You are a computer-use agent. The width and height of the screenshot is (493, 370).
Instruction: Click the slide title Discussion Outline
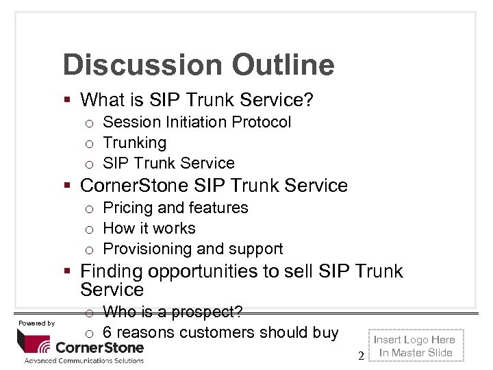click(x=198, y=65)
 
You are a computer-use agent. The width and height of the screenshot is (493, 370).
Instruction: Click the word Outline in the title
click(x=283, y=65)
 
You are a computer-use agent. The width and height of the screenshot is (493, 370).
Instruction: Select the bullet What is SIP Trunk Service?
click(x=197, y=100)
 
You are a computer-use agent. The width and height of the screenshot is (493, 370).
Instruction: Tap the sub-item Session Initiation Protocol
click(x=197, y=122)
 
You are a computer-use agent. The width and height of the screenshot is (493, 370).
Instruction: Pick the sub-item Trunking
click(x=134, y=143)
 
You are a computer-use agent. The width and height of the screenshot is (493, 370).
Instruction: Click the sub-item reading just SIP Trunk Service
click(x=168, y=163)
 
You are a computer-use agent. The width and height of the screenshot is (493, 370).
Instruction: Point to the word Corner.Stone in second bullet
click(x=135, y=186)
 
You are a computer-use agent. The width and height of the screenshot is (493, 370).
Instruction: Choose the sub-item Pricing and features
click(x=175, y=208)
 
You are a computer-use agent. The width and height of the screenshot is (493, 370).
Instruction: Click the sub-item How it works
click(x=149, y=228)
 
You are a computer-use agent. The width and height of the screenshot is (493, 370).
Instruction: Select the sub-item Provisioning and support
click(x=192, y=249)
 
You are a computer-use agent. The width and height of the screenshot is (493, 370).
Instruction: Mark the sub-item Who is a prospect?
click(x=173, y=312)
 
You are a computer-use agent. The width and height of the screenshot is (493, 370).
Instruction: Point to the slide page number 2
click(x=361, y=355)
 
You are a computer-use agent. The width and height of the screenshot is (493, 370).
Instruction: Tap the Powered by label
click(x=36, y=323)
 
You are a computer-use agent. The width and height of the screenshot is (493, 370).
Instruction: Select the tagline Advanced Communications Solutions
click(x=84, y=360)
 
